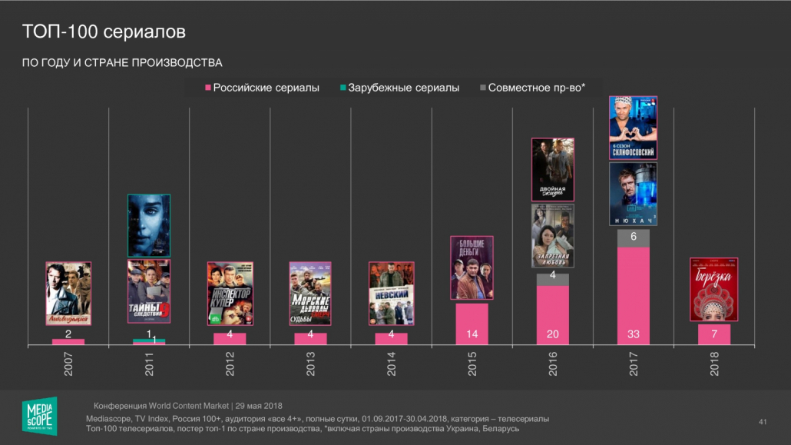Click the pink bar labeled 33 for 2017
click(x=634, y=296)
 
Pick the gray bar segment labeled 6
click(x=634, y=237)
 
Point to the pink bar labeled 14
click(x=472, y=324)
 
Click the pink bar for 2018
click(x=714, y=334)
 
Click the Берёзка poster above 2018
click(x=713, y=289)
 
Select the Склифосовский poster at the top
click(x=633, y=128)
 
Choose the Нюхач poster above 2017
click(x=633, y=194)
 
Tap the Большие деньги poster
click(x=472, y=267)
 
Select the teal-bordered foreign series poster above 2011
click(x=148, y=225)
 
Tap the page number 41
click(x=763, y=421)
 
